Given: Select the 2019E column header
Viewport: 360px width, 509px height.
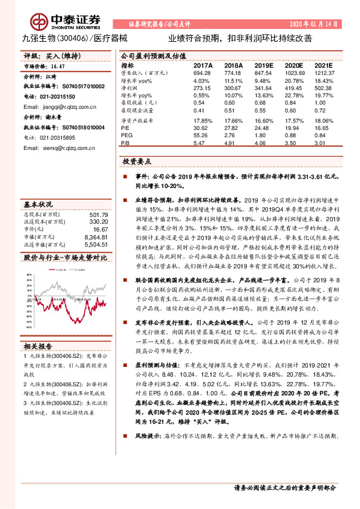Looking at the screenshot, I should tap(263, 65).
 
